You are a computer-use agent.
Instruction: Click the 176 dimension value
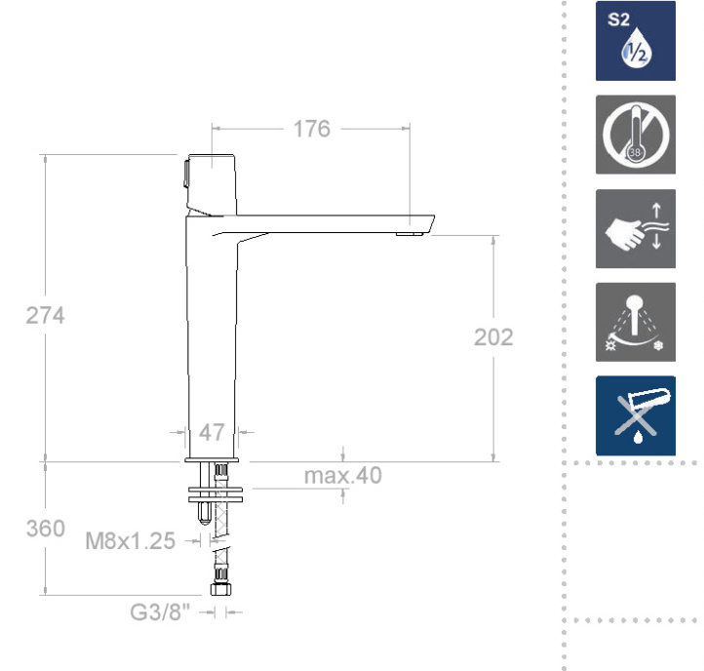(312, 129)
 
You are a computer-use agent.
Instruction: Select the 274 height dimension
(46, 315)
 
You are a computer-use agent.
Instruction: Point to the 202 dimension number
(493, 337)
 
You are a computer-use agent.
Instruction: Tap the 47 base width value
(212, 432)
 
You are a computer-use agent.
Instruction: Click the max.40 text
(343, 476)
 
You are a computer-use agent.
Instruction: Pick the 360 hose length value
(46, 529)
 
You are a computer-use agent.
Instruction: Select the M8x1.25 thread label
(131, 540)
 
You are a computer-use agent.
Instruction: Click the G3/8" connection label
(160, 612)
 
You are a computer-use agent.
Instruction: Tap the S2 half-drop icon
(636, 41)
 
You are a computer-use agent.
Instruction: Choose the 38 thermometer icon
(636, 135)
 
